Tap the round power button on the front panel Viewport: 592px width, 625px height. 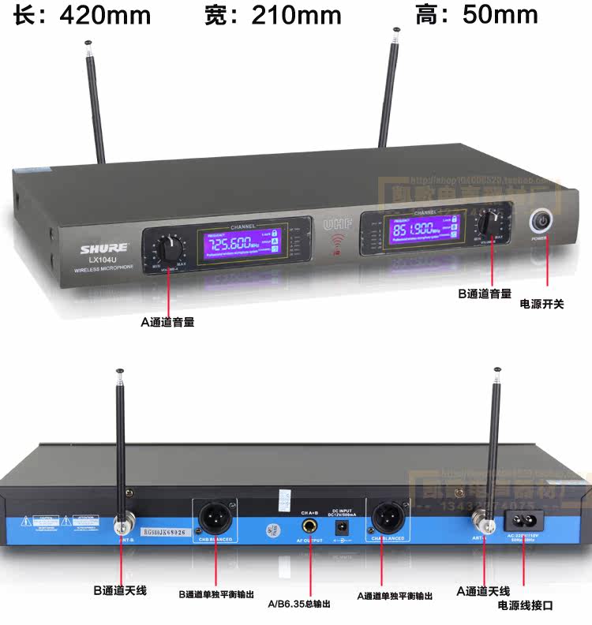(540, 222)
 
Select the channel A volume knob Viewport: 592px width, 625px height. (169, 249)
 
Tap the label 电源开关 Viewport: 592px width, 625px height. (541, 303)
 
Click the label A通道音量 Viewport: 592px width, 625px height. (168, 322)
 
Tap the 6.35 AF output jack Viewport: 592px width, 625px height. (309, 523)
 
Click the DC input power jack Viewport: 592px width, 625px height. (343, 530)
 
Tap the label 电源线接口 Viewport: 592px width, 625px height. (526, 606)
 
